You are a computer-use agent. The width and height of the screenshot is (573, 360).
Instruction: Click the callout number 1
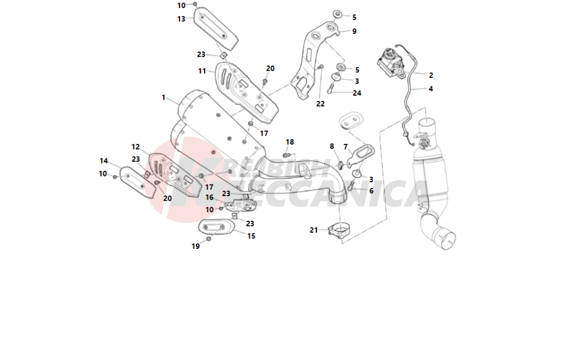click(x=163, y=97)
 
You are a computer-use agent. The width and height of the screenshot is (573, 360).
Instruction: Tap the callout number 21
click(x=313, y=230)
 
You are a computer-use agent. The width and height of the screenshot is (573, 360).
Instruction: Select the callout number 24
click(x=357, y=93)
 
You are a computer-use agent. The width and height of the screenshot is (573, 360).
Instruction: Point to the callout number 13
click(x=181, y=19)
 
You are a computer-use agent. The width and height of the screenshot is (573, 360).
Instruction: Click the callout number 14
click(x=104, y=161)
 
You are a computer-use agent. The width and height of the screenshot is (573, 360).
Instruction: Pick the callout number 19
click(x=195, y=246)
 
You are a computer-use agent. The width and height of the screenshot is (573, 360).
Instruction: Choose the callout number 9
click(x=354, y=32)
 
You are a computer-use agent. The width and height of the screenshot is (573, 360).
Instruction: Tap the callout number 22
click(x=320, y=104)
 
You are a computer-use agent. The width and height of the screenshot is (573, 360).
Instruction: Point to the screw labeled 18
click(x=288, y=155)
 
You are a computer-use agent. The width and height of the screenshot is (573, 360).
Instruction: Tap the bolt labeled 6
click(x=351, y=186)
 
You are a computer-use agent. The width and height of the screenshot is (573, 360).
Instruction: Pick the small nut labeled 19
click(x=209, y=238)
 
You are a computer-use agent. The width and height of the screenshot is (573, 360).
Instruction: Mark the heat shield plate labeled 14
click(x=136, y=182)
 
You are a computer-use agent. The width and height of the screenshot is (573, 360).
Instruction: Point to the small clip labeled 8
click(x=339, y=165)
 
